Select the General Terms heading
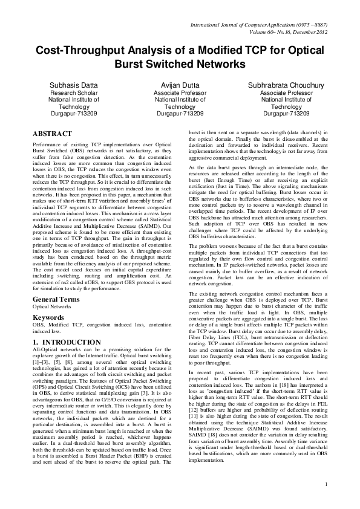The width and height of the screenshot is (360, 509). click(56, 300)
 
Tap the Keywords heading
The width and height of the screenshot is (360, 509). click(48, 317)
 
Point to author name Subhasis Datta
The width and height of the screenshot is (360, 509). click(74, 86)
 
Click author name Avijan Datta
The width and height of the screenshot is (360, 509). click(180, 86)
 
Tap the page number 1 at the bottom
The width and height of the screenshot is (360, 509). click(326, 501)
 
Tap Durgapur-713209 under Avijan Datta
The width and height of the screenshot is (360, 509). click(180, 113)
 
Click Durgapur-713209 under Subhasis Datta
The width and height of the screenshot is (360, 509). click(74, 113)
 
